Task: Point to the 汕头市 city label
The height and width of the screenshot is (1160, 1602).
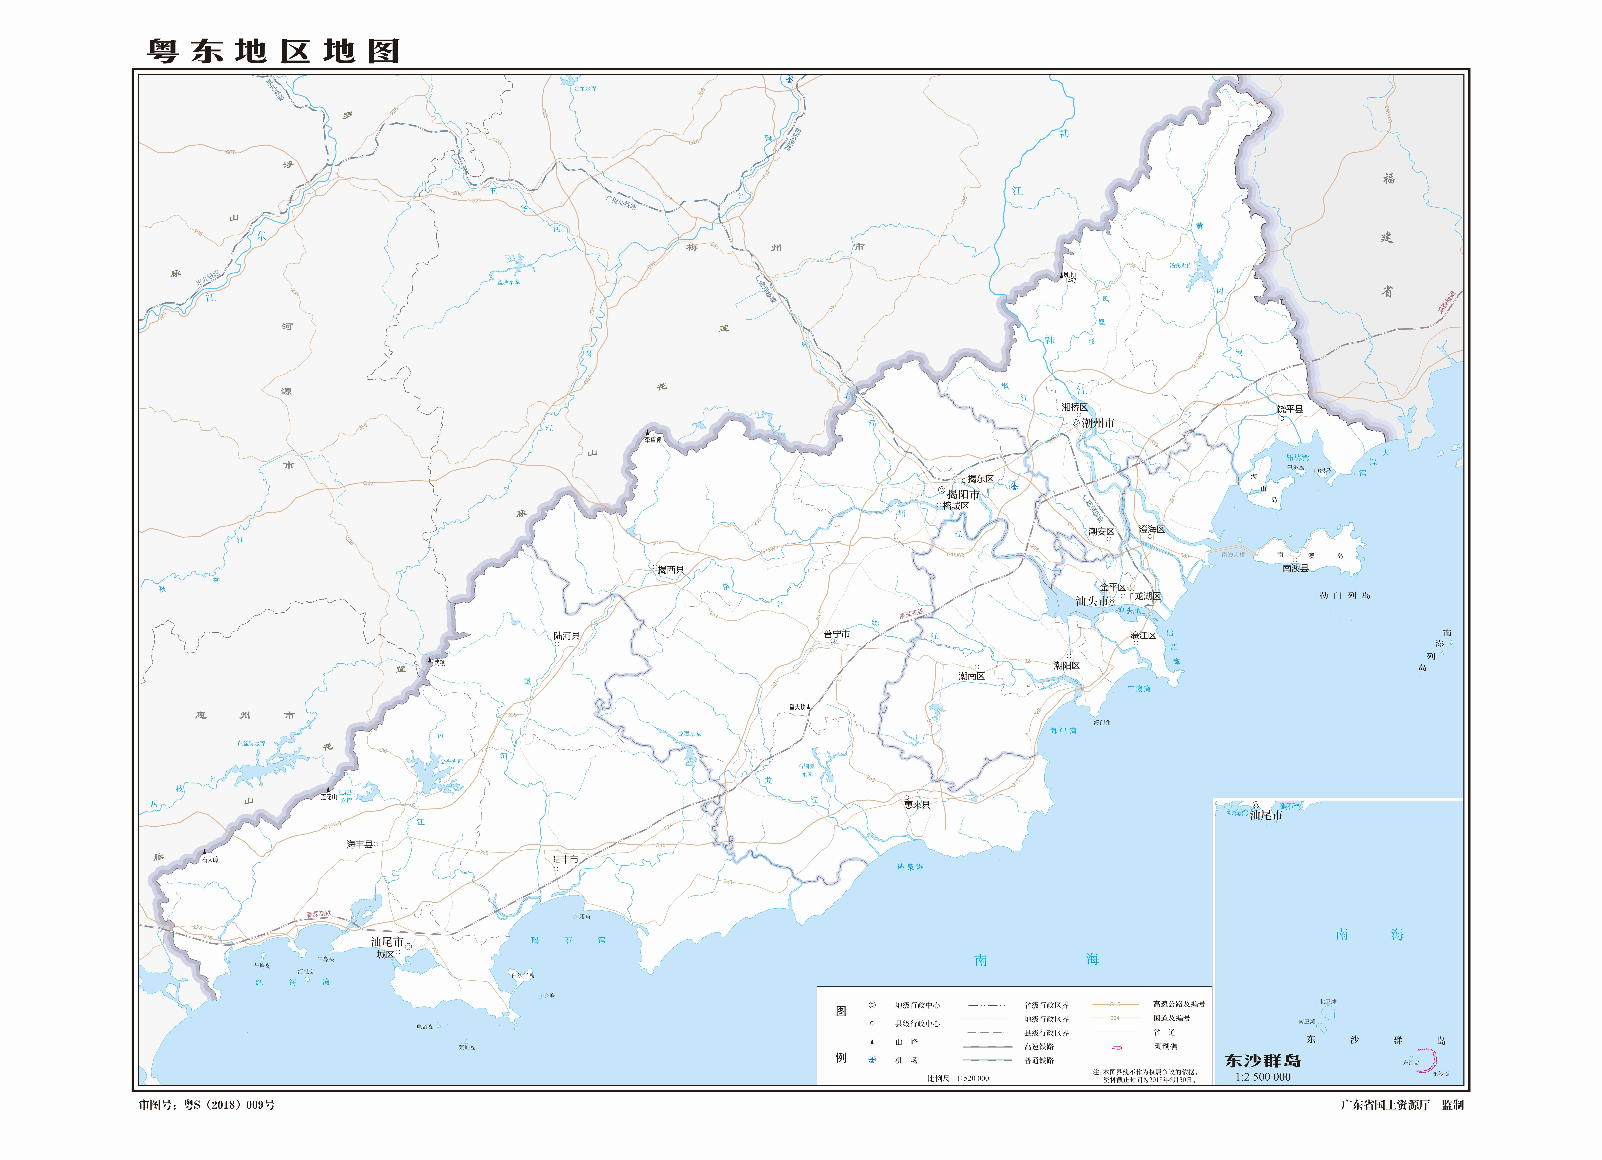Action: pyautogui.click(x=1091, y=601)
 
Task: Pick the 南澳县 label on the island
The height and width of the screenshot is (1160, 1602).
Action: pyautogui.click(x=1295, y=568)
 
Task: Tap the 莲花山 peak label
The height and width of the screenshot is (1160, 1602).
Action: pyautogui.click(x=329, y=797)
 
